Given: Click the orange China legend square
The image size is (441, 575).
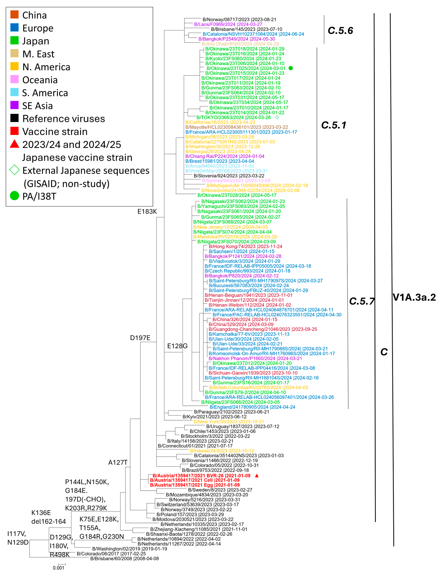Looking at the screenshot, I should click(14, 15).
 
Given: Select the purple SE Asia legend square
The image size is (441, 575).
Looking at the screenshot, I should click(14, 105).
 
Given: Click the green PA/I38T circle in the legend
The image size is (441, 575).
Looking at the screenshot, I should click(14, 196).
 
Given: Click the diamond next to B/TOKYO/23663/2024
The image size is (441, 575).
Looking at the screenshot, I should click(277, 117).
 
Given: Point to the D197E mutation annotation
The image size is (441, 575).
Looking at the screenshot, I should click(140, 338).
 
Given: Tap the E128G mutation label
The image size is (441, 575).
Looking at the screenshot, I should click(178, 346).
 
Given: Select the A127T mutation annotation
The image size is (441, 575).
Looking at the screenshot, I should click(118, 462).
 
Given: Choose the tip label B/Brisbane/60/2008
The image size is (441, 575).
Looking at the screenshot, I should click(124, 559).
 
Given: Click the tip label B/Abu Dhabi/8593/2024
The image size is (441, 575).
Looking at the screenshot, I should click(240, 44).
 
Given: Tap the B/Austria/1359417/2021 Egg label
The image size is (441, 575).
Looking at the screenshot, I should click(195, 485).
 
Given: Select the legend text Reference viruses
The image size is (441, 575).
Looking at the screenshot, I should click(64, 119).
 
